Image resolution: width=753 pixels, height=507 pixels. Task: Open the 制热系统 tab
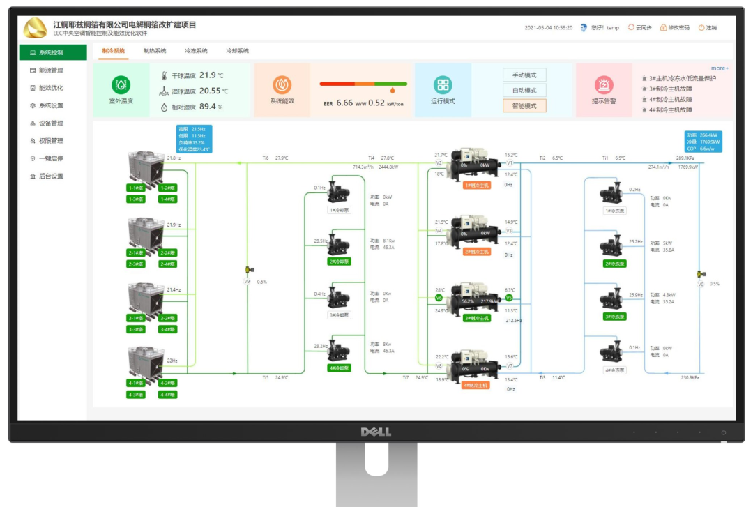pyautogui.click(x=155, y=51)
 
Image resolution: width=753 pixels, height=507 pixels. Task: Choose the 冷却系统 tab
pyautogui.click(x=237, y=51)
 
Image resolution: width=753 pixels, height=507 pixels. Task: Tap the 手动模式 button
pyautogui.click(x=524, y=75)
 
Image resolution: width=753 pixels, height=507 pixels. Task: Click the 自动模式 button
pyautogui.click(x=524, y=91)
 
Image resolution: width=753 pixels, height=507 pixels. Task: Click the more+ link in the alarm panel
pyautogui.click(x=720, y=68)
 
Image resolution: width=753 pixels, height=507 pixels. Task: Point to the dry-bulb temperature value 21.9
pyautogui.click(x=208, y=75)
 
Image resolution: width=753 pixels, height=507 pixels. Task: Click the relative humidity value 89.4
pyautogui.click(x=207, y=107)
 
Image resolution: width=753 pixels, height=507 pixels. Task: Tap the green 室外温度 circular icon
pyautogui.click(x=121, y=85)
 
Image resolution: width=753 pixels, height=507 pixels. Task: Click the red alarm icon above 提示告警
pyautogui.click(x=604, y=85)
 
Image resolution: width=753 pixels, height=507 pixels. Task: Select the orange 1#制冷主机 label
pyautogui.click(x=477, y=185)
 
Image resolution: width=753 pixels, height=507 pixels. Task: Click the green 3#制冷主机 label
pyautogui.click(x=477, y=318)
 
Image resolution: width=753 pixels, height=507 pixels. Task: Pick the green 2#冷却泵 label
pyautogui.click(x=339, y=262)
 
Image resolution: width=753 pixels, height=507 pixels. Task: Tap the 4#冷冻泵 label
pyautogui.click(x=614, y=370)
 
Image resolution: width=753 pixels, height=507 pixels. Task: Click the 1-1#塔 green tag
pyautogui.click(x=136, y=188)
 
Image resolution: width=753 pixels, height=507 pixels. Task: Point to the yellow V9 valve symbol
pyautogui.click(x=248, y=270)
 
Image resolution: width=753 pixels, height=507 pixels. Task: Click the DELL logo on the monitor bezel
pyautogui.click(x=375, y=432)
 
